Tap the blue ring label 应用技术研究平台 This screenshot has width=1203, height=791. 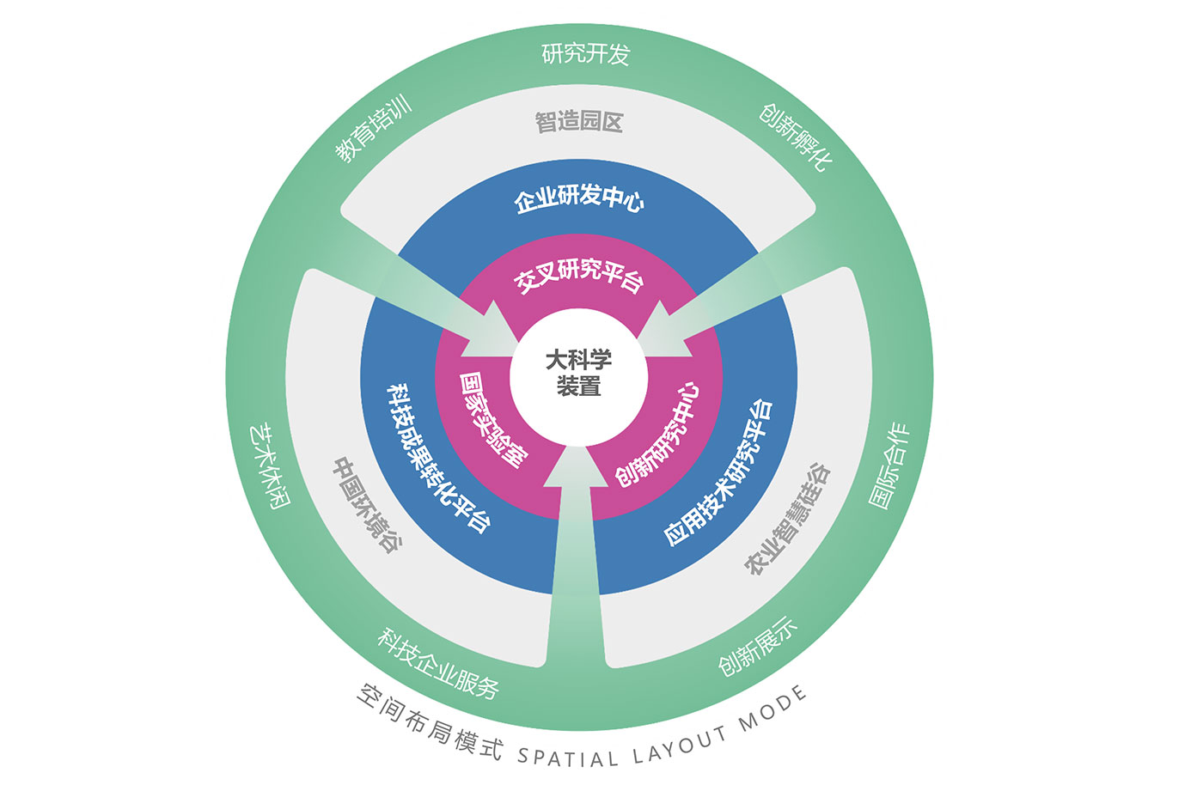719,473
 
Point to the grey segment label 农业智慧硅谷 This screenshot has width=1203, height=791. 787,519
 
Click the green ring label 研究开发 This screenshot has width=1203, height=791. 585,53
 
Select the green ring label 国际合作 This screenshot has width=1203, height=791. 889,465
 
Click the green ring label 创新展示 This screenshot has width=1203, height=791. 757,647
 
